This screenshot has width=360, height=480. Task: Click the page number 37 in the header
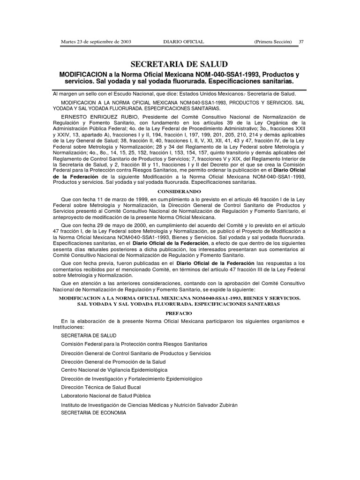coord(301,42)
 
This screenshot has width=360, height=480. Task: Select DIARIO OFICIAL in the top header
coord(183,42)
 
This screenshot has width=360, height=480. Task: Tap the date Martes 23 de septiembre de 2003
coord(96,42)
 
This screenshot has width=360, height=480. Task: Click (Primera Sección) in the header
coord(273,42)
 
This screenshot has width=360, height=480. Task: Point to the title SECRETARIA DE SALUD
coord(180,64)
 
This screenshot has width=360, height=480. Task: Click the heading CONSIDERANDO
coord(180,192)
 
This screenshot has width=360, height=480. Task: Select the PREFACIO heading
coord(180,311)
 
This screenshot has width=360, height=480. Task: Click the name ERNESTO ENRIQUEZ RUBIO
coord(93,116)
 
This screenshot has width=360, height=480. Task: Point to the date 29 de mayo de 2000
coord(116,225)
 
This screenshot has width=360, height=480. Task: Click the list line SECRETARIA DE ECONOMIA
coord(94,413)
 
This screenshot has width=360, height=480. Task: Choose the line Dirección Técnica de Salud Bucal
coord(101,387)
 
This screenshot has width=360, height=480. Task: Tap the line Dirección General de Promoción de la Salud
coord(113,361)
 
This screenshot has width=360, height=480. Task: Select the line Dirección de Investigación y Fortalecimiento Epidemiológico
coord(132,378)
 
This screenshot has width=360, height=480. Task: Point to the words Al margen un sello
coord(75,94)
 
